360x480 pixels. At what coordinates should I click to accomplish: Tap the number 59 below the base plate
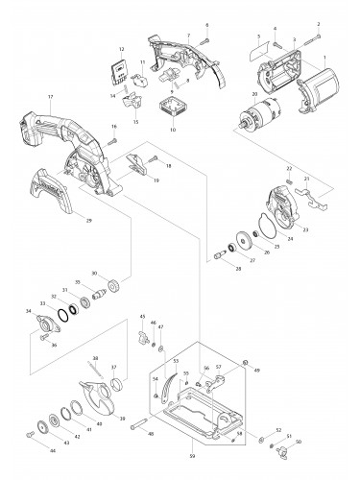[192, 454]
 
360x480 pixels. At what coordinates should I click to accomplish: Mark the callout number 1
[324, 59]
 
